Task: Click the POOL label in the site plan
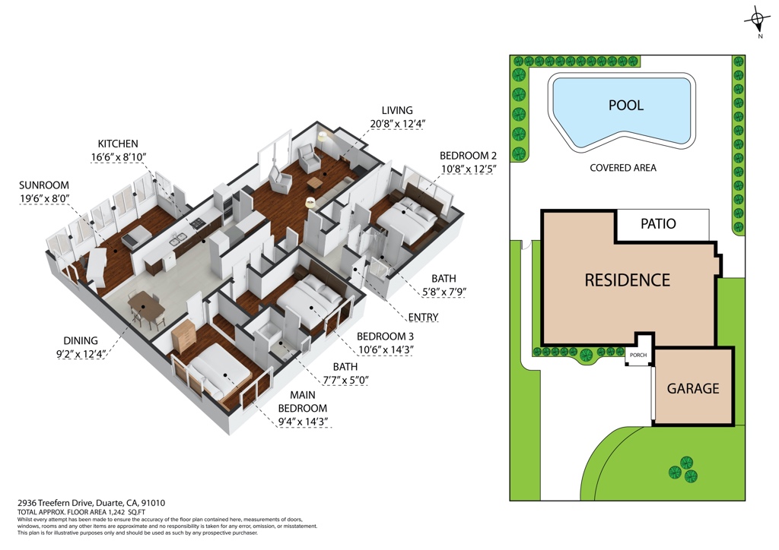625,106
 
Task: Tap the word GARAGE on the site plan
692,388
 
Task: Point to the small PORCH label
638,355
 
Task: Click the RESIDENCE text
627,280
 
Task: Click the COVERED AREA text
622,168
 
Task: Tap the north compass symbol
757,21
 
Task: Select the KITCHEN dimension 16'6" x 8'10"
117,157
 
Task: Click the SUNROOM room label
44,185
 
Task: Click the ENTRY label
422,317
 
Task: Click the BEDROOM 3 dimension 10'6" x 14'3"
385,349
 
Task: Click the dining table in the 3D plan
145,307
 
